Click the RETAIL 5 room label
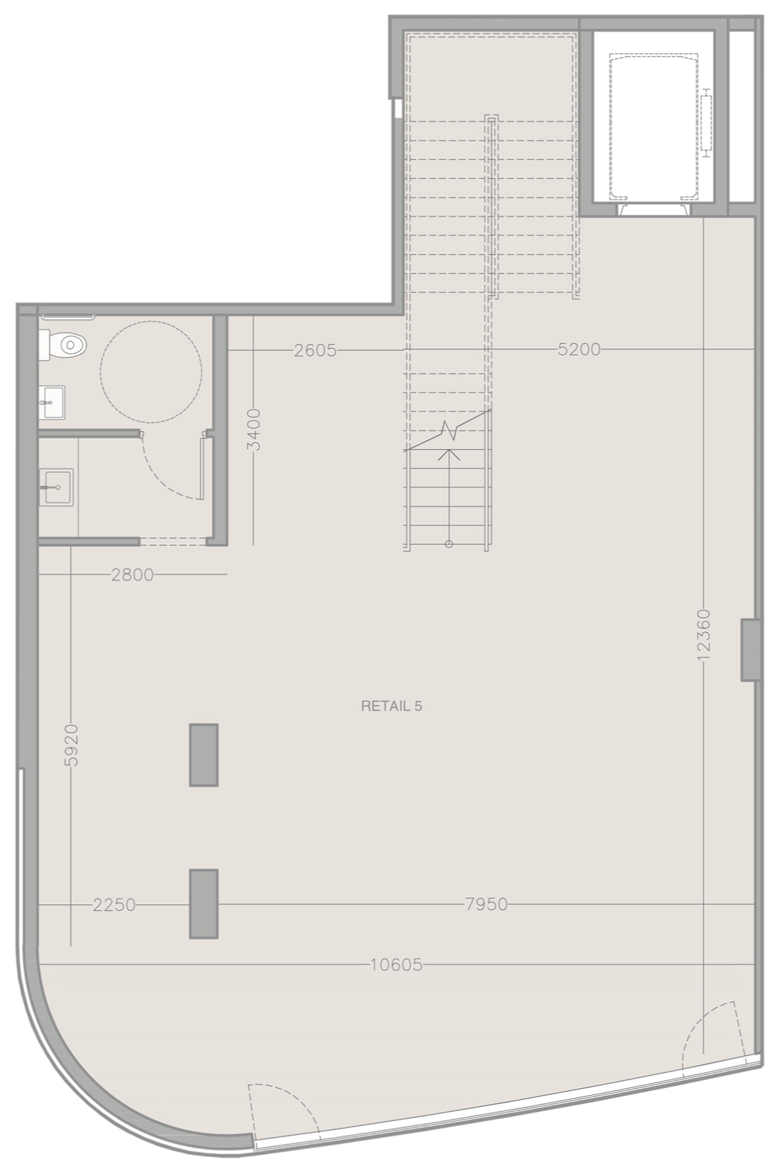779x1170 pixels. (391, 706)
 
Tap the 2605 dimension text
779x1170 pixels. (315, 350)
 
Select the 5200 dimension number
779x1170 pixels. (579, 349)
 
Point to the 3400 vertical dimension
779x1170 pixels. (254, 429)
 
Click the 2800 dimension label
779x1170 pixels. (132, 575)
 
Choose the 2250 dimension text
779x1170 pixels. (114, 904)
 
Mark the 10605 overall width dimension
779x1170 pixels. (396, 965)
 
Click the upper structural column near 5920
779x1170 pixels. (204, 755)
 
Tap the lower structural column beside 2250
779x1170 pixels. (204, 904)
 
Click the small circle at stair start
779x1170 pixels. (449, 544)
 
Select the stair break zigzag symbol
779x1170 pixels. (451, 431)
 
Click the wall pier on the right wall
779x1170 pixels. (750, 650)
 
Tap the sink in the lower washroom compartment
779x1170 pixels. (56, 487)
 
